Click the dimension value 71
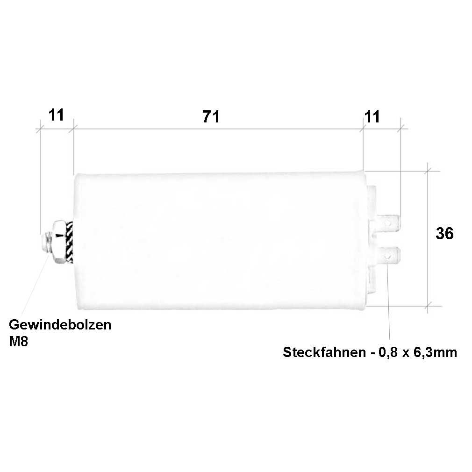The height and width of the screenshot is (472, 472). [x=211, y=117]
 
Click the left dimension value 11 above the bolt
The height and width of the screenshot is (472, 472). [x=56, y=115]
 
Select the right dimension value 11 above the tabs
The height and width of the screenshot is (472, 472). [x=372, y=117]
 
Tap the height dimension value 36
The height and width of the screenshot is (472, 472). [x=444, y=233]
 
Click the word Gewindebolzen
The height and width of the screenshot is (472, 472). [x=60, y=325]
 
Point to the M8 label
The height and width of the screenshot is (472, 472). [x=18, y=342]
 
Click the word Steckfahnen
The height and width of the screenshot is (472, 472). [x=324, y=352]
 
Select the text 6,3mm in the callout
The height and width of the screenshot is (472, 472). [x=435, y=352]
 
